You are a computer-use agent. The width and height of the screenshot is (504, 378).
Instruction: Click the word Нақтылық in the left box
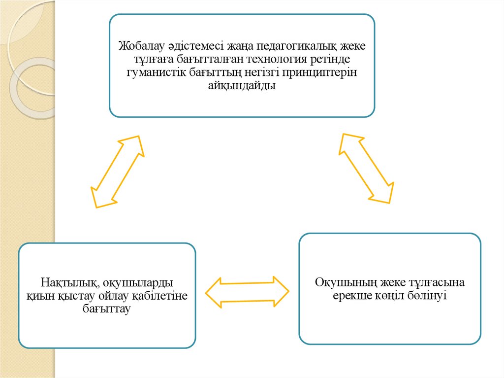(67, 283)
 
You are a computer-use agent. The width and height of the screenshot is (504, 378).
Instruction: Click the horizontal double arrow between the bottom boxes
(247, 292)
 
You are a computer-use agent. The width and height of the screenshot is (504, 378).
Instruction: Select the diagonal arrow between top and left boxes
(117, 171)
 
